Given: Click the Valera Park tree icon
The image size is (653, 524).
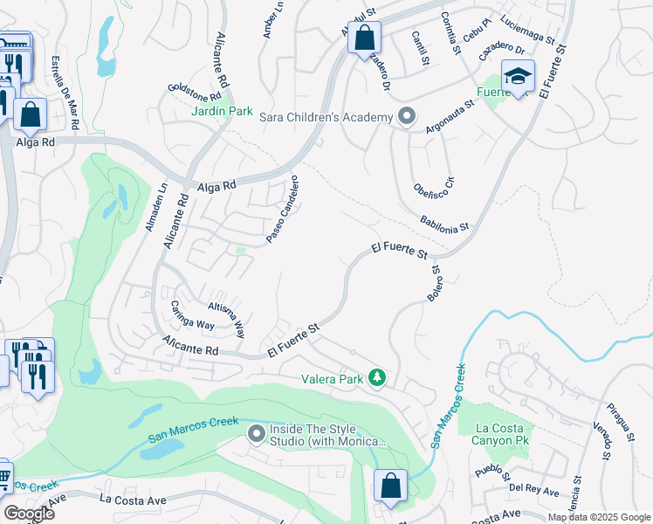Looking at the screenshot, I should point(377,378).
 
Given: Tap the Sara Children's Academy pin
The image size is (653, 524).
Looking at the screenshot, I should point(406,116).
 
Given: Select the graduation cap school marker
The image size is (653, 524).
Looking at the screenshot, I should point(518,77).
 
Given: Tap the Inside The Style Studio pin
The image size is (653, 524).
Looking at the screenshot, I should point(256,433).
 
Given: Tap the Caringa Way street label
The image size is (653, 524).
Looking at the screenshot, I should point(192,319).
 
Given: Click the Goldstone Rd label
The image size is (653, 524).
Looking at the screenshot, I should point(197,92).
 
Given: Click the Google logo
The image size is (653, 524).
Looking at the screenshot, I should point(29,514).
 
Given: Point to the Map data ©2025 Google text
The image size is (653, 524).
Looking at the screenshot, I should point(599,516).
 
